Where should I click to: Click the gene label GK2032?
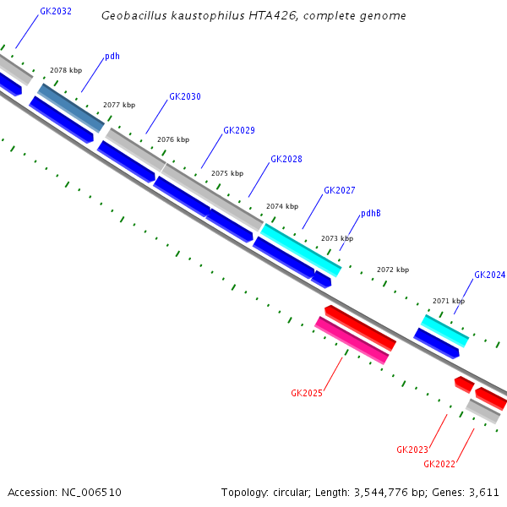pos(56,12)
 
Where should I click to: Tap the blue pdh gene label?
pos(112,57)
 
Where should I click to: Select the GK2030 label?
pos(185,96)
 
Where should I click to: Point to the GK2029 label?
pos(239,130)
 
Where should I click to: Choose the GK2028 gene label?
pos(286,159)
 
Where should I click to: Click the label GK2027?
pos(340,190)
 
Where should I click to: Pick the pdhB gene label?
pos(371,213)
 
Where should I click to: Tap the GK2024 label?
pos(490,275)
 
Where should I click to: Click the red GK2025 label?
pos(307,393)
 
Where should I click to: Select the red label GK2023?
pos(412,449)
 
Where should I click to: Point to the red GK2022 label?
pos(439,464)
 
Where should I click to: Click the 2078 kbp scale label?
pos(66,70)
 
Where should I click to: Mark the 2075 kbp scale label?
pos(227,172)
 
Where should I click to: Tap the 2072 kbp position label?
pos(393,270)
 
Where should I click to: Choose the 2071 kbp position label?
pos(449,300)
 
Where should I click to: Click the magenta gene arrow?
pos(352,341)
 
